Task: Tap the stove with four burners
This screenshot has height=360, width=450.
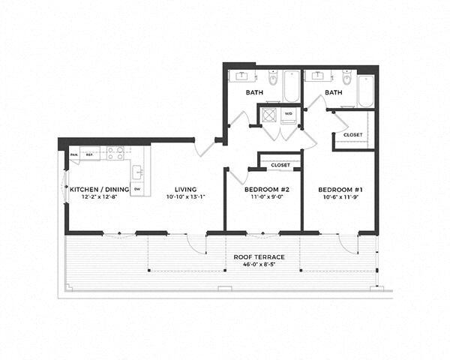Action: pyautogui.click(x=115, y=154)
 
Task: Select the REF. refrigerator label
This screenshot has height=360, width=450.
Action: pyautogui.click(x=89, y=155)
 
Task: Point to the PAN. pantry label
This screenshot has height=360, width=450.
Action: pyautogui.click(x=74, y=155)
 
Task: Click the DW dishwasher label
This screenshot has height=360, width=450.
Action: pyautogui.click(x=136, y=189)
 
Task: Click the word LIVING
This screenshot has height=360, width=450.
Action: pyautogui.click(x=185, y=189)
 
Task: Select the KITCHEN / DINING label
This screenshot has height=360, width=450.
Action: pyautogui.click(x=98, y=189)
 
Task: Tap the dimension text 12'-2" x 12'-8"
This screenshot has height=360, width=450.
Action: pyautogui.click(x=98, y=197)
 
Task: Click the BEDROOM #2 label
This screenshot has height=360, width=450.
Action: pyautogui.click(x=262, y=189)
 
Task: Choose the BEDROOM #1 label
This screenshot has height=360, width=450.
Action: pyautogui.click(x=337, y=189)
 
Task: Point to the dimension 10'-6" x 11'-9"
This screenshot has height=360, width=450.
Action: pyautogui.click(x=337, y=197)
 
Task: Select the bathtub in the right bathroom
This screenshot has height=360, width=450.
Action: pyautogui.click(x=366, y=90)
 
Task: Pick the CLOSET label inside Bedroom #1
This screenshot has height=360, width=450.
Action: pyautogui.click(x=352, y=134)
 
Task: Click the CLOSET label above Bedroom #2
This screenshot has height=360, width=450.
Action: pyautogui.click(x=280, y=164)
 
